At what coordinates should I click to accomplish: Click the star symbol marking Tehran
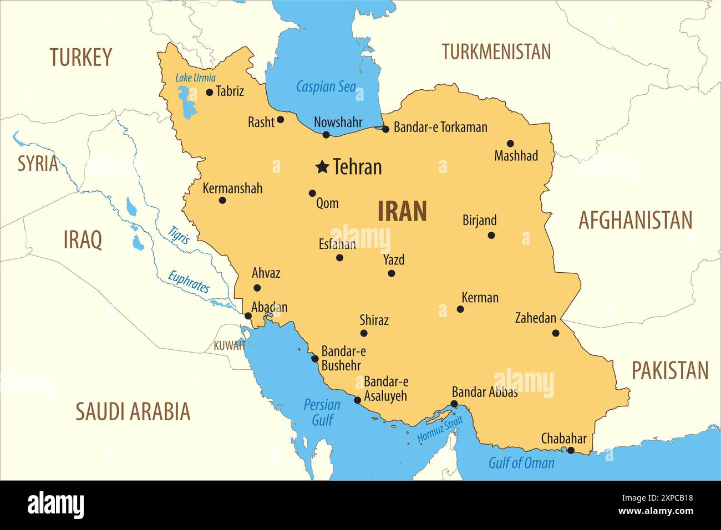[322, 166]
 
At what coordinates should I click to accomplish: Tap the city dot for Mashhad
[510, 144]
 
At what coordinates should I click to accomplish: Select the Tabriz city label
[230, 91]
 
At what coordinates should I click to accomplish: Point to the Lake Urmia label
[195, 78]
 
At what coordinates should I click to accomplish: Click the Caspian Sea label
[326, 86]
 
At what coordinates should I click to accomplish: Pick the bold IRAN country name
[402, 211]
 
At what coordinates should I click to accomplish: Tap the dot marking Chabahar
[570, 450]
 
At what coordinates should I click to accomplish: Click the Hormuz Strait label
[440, 430]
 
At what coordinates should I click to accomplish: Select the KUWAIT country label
[229, 346]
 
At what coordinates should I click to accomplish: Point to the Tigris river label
[179, 235]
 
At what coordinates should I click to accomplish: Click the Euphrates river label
[189, 282]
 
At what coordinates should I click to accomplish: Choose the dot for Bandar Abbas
[454, 404]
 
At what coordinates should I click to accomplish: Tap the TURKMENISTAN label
[496, 52]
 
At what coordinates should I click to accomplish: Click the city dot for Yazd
[391, 273]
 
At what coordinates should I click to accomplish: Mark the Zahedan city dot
[556, 333]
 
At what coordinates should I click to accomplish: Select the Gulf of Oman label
[521, 463]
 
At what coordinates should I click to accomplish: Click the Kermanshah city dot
[222, 200]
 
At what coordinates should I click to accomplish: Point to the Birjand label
[479, 220]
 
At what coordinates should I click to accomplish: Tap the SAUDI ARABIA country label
[133, 411]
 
